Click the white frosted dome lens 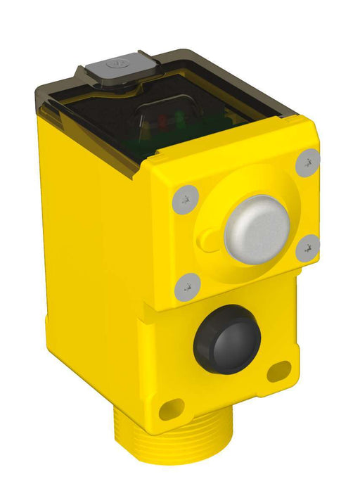pos(257,229)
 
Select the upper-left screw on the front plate pos(184,199)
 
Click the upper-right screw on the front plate pos(307,163)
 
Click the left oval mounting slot pos(171,409)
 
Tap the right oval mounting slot pos(280,370)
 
